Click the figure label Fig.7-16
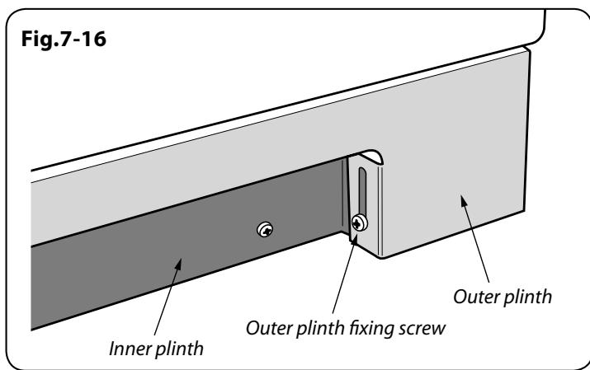[x=64, y=39]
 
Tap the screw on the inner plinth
[x=265, y=230]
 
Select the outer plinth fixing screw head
[x=359, y=222]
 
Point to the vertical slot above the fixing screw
[x=362, y=191]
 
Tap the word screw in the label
[x=422, y=329]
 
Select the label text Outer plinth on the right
[x=503, y=297]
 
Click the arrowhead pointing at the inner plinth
[x=178, y=265]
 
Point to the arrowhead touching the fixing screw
[x=354, y=238]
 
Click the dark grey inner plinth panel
[x=181, y=248]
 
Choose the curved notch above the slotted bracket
[x=371, y=157]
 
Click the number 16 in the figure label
[x=94, y=39]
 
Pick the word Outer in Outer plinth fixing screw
[x=269, y=328]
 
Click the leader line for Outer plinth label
[x=476, y=239]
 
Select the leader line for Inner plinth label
[x=168, y=297]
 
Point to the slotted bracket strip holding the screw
[x=363, y=203]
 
